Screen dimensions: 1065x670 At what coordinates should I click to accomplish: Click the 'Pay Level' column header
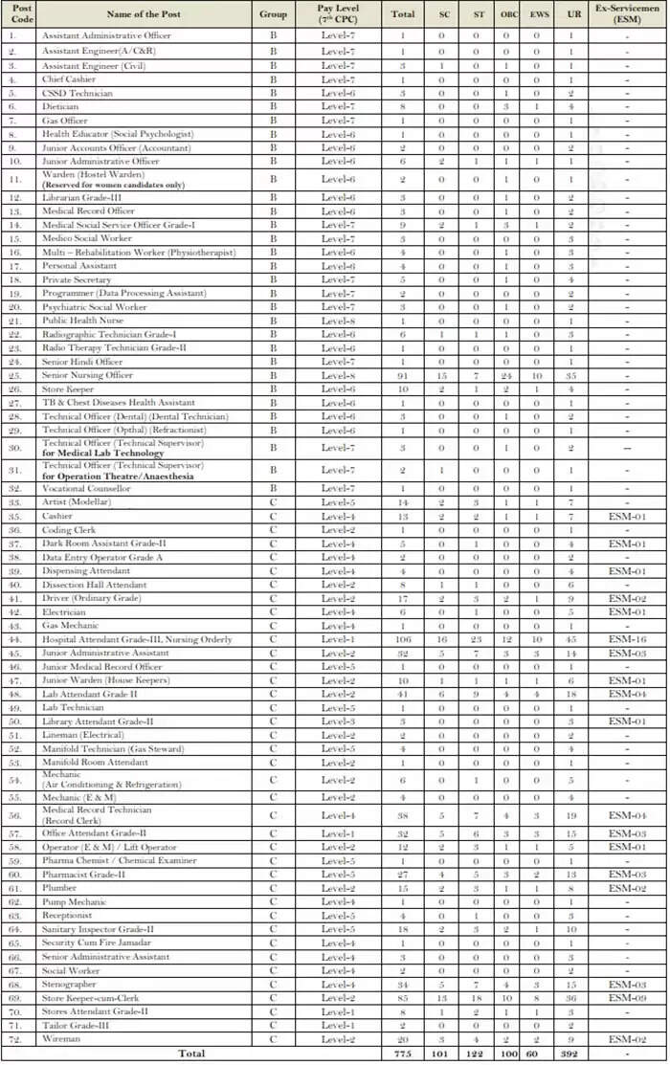click(x=338, y=14)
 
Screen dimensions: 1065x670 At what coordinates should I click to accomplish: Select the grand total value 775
click(x=403, y=1054)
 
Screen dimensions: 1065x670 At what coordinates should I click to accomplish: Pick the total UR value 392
click(x=570, y=1054)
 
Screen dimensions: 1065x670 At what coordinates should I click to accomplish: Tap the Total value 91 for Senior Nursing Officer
click(x=403, y=375)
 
